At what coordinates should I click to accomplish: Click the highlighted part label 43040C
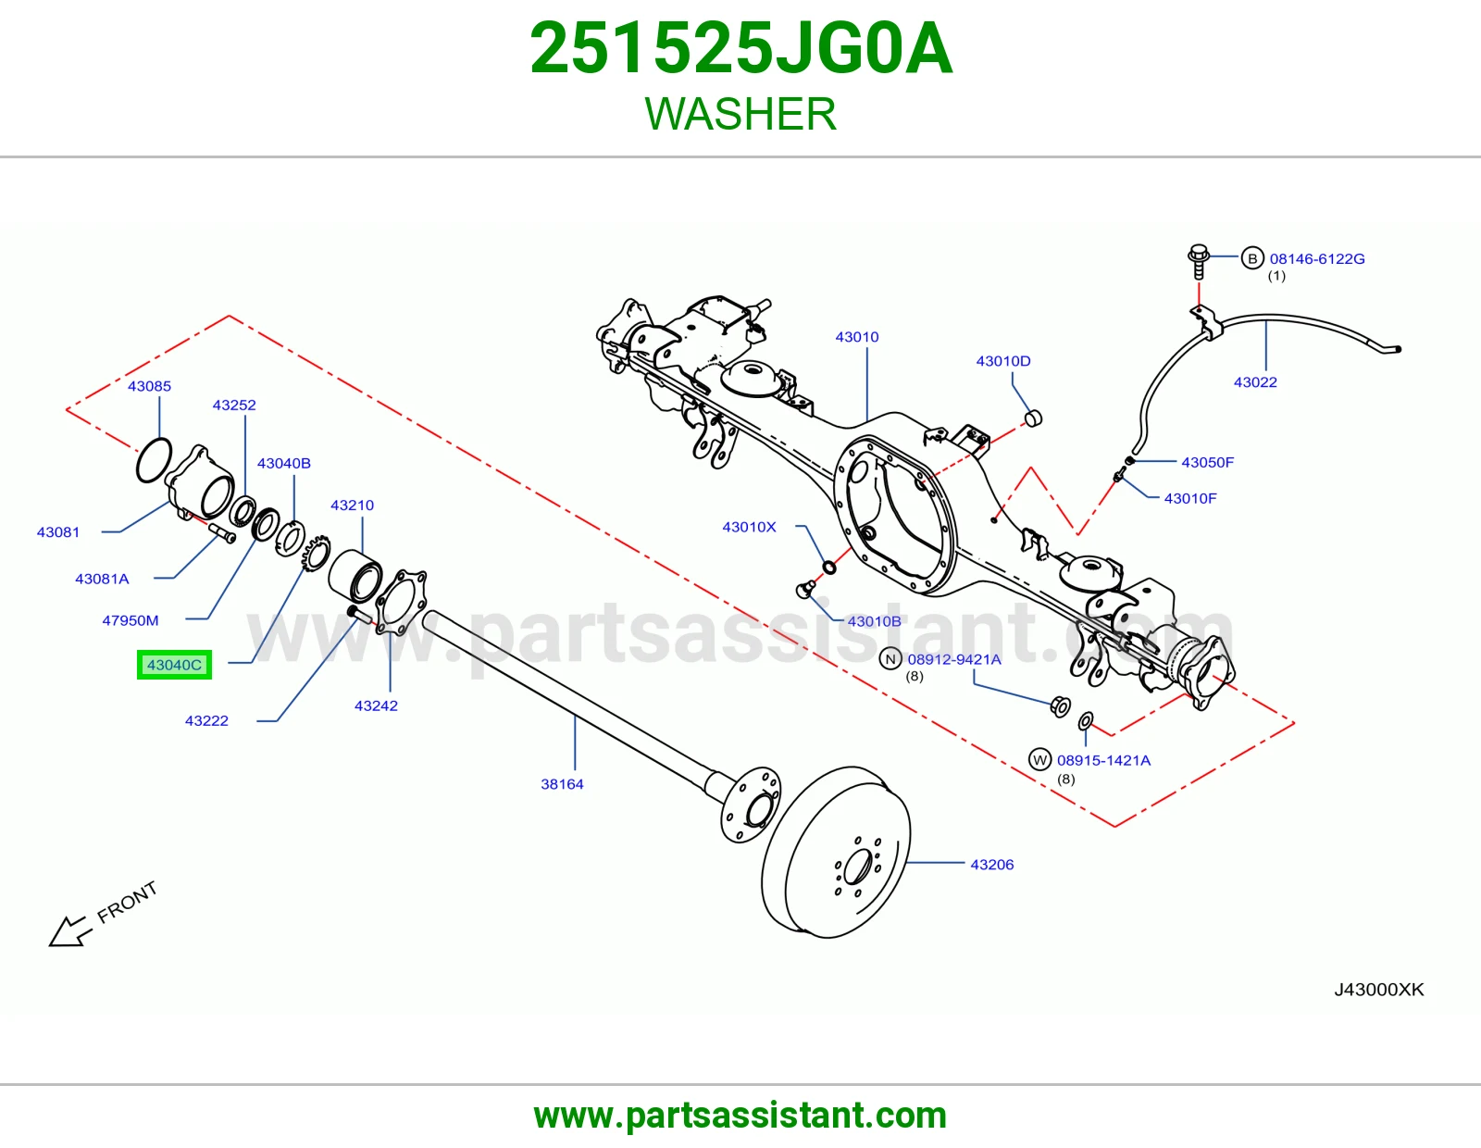(174, 665)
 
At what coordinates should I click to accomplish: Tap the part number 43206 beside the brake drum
(991, 865)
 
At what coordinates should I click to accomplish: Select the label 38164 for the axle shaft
(562, 784)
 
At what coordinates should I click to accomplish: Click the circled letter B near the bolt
(1252, 258)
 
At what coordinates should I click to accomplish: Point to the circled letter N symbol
(890, 659)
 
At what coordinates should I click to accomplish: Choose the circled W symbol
(1039, 759)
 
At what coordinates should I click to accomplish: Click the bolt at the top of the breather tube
(1198, 262)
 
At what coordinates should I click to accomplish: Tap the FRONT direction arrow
(69, 931)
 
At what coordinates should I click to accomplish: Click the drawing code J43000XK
(1379, 989)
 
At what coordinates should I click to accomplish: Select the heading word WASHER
(740, 114)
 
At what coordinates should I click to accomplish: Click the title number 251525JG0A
(740, 48)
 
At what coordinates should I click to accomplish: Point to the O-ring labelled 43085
(154, 461)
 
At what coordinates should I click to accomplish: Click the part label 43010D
(1003, 361)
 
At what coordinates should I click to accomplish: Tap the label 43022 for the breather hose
(1255, 381)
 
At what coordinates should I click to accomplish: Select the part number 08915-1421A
(1103, 760)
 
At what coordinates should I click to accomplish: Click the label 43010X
(749, 527)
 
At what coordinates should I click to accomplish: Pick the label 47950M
(131, 620)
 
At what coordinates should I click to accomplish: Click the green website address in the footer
(740, 1116)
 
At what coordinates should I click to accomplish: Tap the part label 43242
(376, 705)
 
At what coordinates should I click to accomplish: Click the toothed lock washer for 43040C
(315, 554)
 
